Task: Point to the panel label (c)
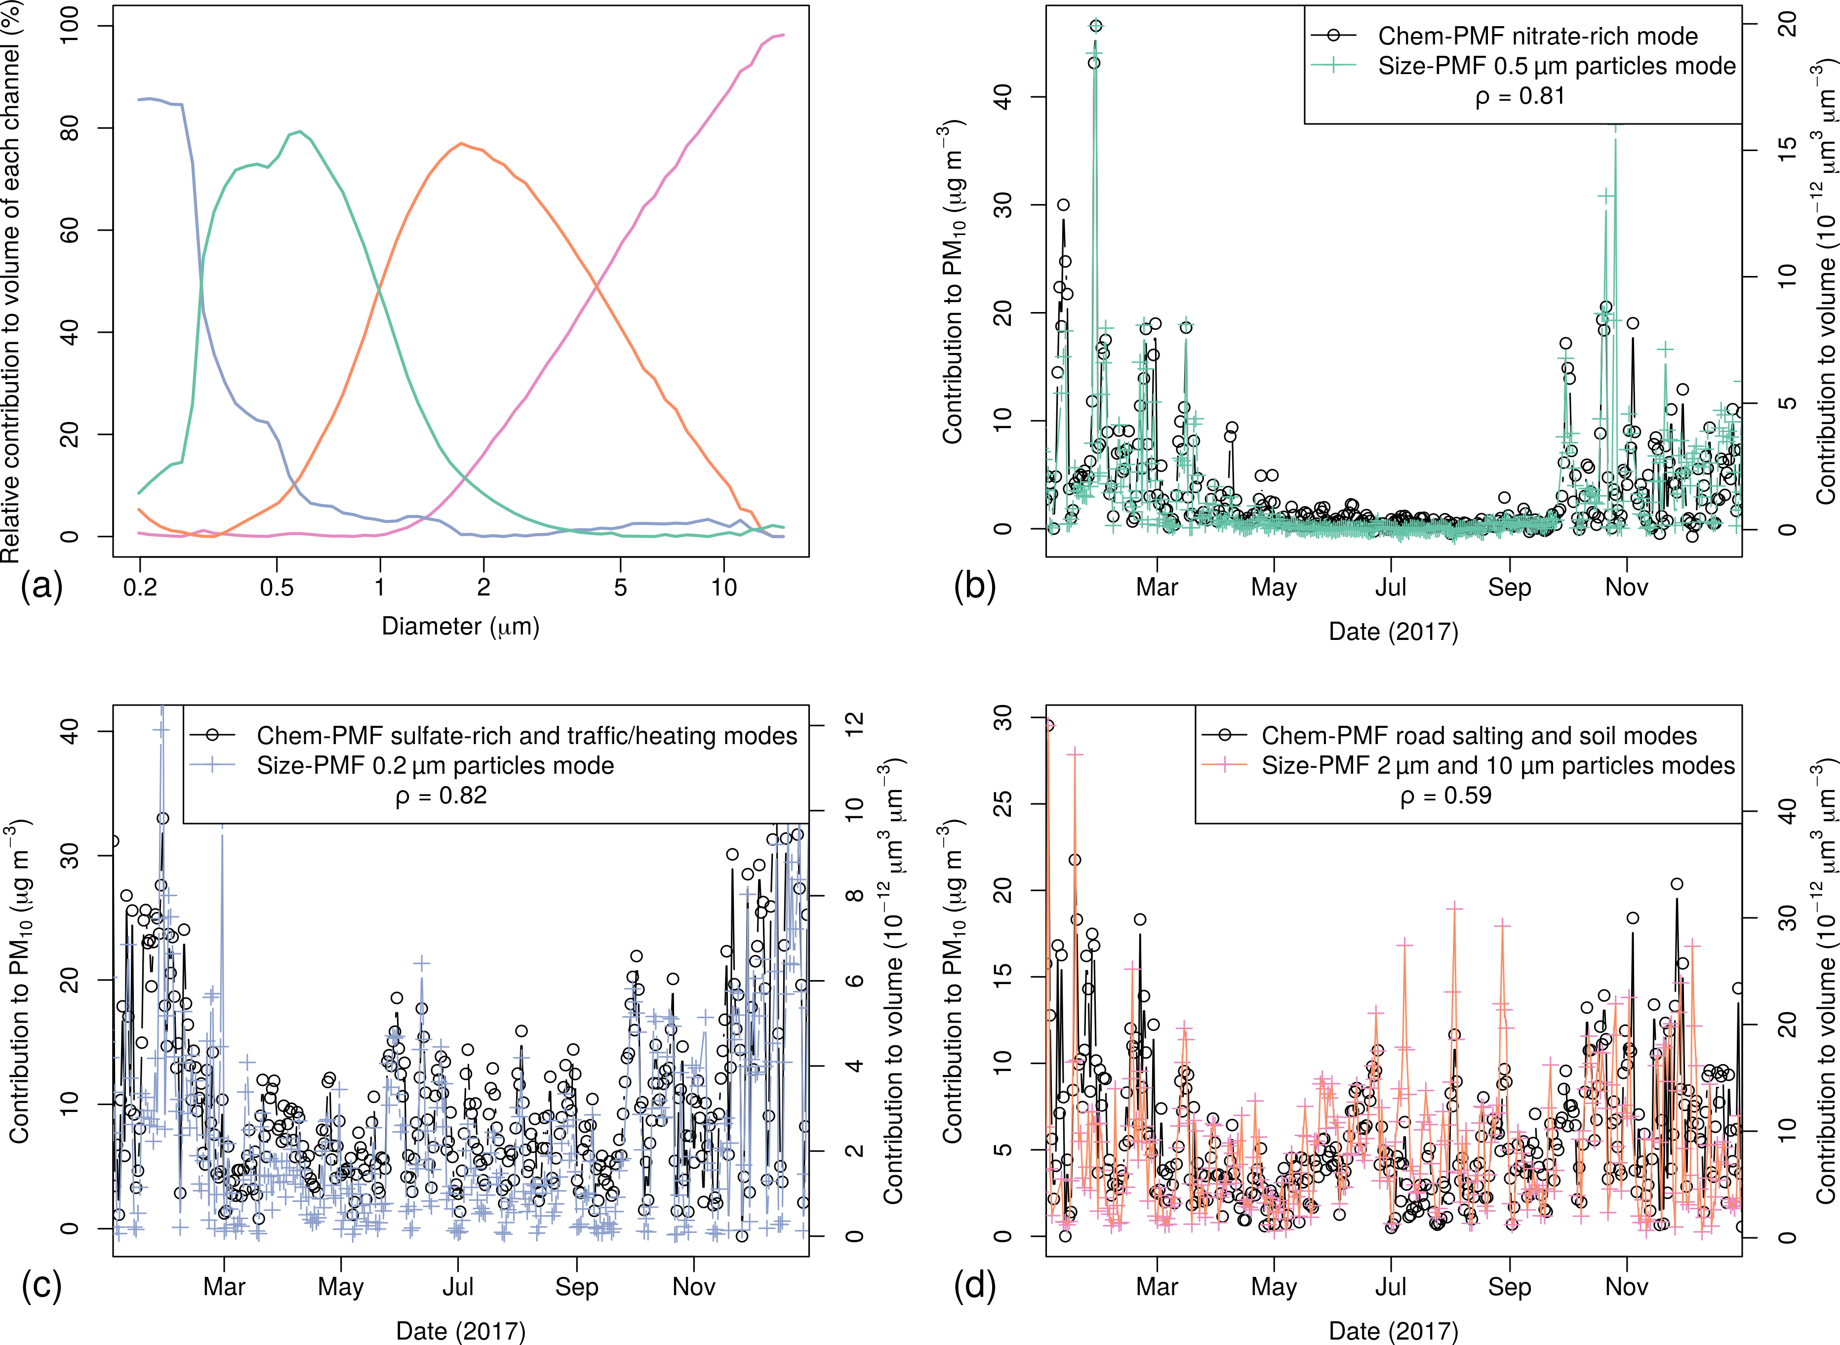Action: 40,1286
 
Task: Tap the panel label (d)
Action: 974,1286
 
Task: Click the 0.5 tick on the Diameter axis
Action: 277,587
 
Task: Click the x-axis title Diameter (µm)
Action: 460,626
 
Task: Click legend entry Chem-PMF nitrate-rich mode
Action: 1537,36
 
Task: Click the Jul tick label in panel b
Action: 1391,587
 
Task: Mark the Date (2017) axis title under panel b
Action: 1393,632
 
